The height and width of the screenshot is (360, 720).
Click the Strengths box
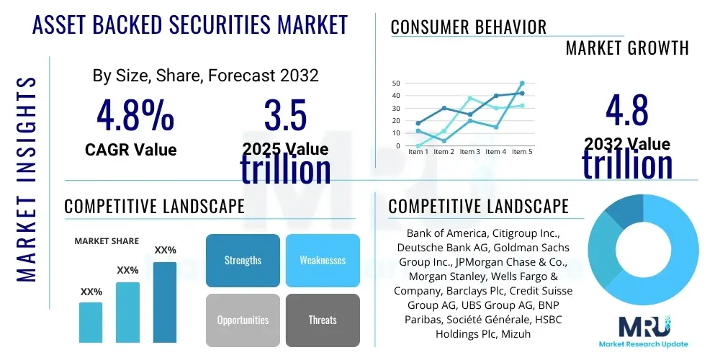[x=243, y=261]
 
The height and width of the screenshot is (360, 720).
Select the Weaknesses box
[x=323, y=261]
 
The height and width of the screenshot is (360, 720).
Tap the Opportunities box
[x=243, y=320]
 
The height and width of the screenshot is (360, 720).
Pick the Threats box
[x=323, y=320]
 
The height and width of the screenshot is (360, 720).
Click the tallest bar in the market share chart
[x=165, y=302]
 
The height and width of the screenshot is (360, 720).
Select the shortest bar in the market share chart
[x=91, y=322]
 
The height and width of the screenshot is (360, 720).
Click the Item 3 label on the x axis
[x=469, y=152]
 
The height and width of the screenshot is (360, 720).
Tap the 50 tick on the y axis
[x=396, y=84]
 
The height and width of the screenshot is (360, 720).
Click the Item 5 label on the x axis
[x=521, y=152]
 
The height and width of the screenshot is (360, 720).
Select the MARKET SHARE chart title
[x=107, y=241]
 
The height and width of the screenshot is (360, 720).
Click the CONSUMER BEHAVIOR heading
[x=468, y=27]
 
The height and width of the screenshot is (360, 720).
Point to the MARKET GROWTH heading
[x=626, y=48]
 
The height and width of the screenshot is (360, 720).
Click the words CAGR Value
[x=130, y=150]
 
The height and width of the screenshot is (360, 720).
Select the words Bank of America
[x=446, y=234]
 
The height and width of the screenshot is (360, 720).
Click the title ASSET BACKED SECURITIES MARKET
[x=191, y=25]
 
